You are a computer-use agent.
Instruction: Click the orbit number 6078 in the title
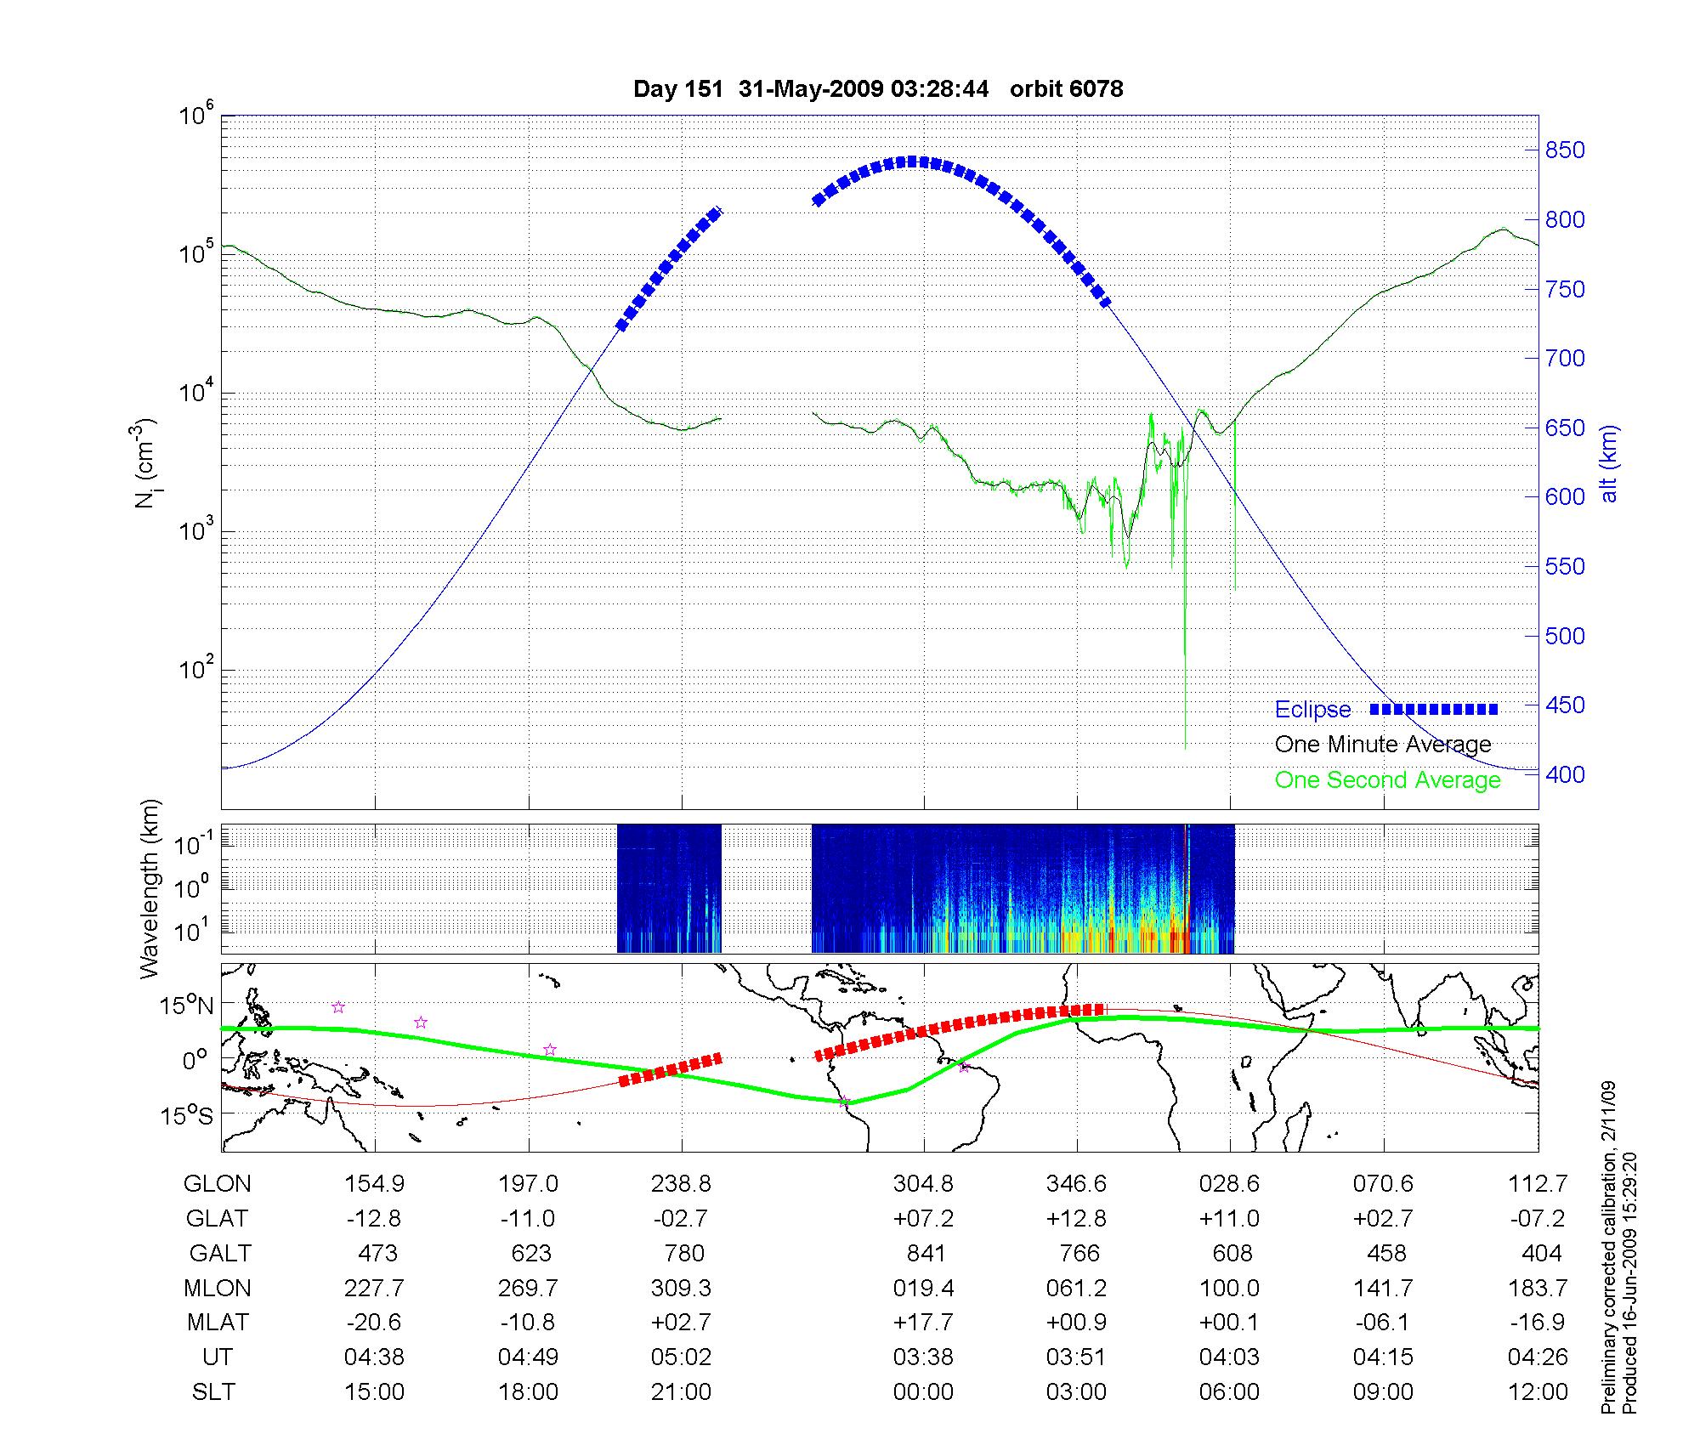[1066, 88]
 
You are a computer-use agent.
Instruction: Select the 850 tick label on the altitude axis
[1565, 150]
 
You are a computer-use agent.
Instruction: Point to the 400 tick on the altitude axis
[1565, 774]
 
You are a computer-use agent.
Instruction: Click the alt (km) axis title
[1609, 463]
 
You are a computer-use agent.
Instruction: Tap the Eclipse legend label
[1312, 710]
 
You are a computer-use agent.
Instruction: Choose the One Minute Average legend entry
[1383, 745]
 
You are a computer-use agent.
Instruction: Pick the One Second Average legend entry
[1387, 780]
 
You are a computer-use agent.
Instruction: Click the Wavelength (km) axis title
[150, 888]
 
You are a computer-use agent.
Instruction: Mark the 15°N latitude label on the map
[188, 1006]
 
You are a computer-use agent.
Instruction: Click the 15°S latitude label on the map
[188, 1114]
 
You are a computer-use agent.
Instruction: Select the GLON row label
[217, 1184]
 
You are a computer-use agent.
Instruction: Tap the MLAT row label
[218, 1323]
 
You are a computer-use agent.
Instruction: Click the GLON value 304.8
[923, 1184]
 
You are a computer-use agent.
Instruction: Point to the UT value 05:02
[681, 1357]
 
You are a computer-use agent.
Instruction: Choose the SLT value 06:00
[1229, 1392]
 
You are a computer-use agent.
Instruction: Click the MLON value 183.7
[1537, 1288]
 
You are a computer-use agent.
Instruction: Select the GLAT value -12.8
[374, 1219]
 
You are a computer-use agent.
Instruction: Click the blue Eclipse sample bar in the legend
[1433, 709]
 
